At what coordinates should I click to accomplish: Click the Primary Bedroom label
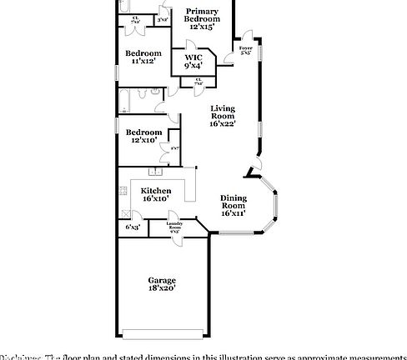[x=202, y=17]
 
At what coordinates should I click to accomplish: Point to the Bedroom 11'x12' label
[x=143, y=57]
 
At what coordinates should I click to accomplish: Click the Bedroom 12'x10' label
[x=143, y=136]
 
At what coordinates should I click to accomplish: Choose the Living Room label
[x=223, y=112]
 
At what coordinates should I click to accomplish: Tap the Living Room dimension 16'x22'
[x=223, y=124]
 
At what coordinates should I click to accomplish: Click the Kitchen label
[x=156, y=190]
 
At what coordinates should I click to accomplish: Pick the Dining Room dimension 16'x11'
[x=233, y=213]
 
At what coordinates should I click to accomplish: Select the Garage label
[x=162, y=280]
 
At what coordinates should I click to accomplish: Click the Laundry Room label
[x=174, y=225]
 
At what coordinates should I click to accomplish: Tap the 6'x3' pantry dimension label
[x=133, y=227]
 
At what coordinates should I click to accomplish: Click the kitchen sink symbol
[x=154, y=172]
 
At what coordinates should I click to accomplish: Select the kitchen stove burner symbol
[x=123, y=191]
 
